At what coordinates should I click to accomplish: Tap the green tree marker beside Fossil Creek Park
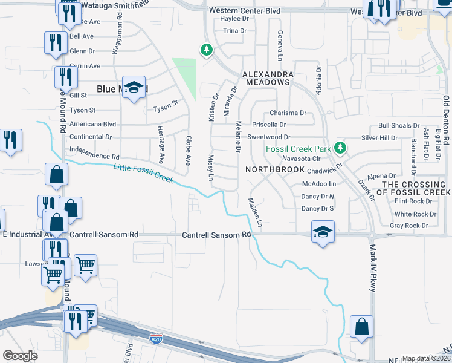(340, 147)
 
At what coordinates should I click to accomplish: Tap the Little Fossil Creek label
(144, 173)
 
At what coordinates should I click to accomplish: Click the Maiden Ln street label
(254, 212)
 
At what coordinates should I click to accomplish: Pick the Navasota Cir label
(300, 159)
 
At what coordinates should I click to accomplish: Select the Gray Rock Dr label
(408, 225)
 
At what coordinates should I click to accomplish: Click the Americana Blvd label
(92, 123)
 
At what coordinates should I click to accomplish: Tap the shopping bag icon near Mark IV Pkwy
(361, 327)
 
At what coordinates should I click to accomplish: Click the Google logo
(20, 356)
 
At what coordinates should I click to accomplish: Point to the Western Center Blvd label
(245, 10)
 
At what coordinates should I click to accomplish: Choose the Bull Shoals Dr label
(398, 125)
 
